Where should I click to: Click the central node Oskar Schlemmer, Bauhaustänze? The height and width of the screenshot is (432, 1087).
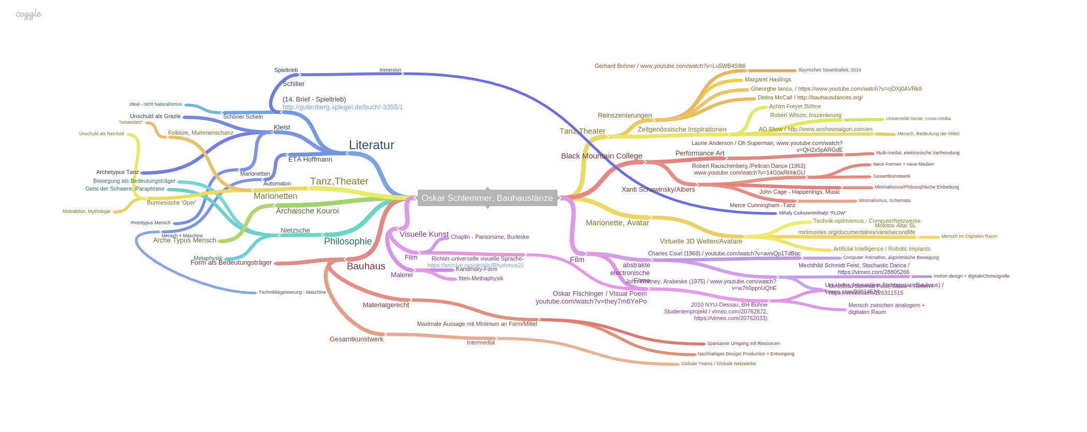coord(487,198)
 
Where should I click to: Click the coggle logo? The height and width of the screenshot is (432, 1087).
coord(28,14)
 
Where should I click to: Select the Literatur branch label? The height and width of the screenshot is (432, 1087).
coord(371,145)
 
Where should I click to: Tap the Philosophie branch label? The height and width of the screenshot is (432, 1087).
coord(348,241)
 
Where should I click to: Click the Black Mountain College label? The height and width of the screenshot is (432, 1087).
coord(601,156)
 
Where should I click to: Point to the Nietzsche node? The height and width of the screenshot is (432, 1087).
coord(295,231)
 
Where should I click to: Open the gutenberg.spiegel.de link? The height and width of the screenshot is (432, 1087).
coord(343,107)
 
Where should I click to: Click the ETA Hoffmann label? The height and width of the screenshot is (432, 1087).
coord(310,160)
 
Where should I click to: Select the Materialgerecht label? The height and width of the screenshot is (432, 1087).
coord(386,305)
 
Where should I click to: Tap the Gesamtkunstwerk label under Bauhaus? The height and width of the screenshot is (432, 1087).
coord(356,339)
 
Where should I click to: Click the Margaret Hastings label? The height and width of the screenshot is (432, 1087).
coord(768,80)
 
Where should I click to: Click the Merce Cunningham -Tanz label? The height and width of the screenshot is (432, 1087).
coord(762,206)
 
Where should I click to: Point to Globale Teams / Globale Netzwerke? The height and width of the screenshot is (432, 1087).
coord(718,364)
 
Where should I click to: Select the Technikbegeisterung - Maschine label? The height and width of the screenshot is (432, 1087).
coord(292,292)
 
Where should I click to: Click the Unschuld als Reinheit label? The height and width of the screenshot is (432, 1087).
coord(101,134)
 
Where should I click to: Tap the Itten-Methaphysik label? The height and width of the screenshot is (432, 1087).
coord(480,279)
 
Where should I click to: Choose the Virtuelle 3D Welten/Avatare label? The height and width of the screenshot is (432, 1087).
coord(701,241)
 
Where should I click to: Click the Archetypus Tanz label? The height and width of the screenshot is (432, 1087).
coord(117,172)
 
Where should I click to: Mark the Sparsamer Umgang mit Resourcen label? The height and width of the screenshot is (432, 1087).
coord(743,343)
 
